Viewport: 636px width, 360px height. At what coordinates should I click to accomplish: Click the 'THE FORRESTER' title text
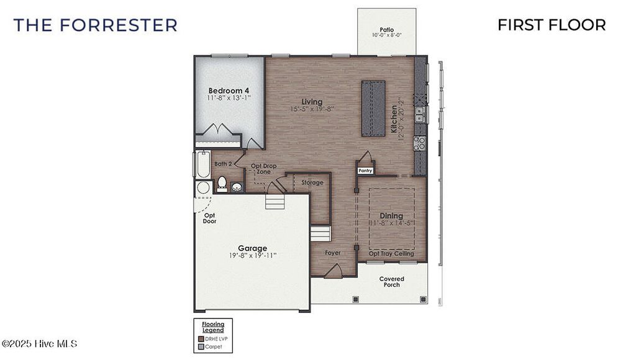click(95, 25)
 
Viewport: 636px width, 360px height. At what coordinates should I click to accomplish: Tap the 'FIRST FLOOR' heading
click(552, 25)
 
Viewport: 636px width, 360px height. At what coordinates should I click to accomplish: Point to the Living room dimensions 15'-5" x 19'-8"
click(312, 109)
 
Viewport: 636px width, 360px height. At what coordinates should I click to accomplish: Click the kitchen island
click(374, 109)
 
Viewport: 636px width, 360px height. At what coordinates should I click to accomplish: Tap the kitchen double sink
click(420, 114)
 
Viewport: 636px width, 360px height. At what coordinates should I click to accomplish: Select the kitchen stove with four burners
click(420, 143)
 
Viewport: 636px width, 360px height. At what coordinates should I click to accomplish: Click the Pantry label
click(365, 169)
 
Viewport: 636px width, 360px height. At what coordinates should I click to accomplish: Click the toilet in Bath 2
click(222, 182)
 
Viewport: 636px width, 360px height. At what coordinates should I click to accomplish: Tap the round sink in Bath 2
click(237, 187)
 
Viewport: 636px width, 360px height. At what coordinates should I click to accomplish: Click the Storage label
click(312, 182)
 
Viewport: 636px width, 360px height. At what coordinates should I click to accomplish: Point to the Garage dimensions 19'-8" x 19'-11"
click(252, 255)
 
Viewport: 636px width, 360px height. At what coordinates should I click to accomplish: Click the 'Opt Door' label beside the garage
click(209, 218)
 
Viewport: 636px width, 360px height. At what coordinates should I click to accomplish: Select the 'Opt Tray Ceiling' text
click(391, 254)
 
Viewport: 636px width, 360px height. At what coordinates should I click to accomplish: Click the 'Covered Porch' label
click(391, 282)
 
